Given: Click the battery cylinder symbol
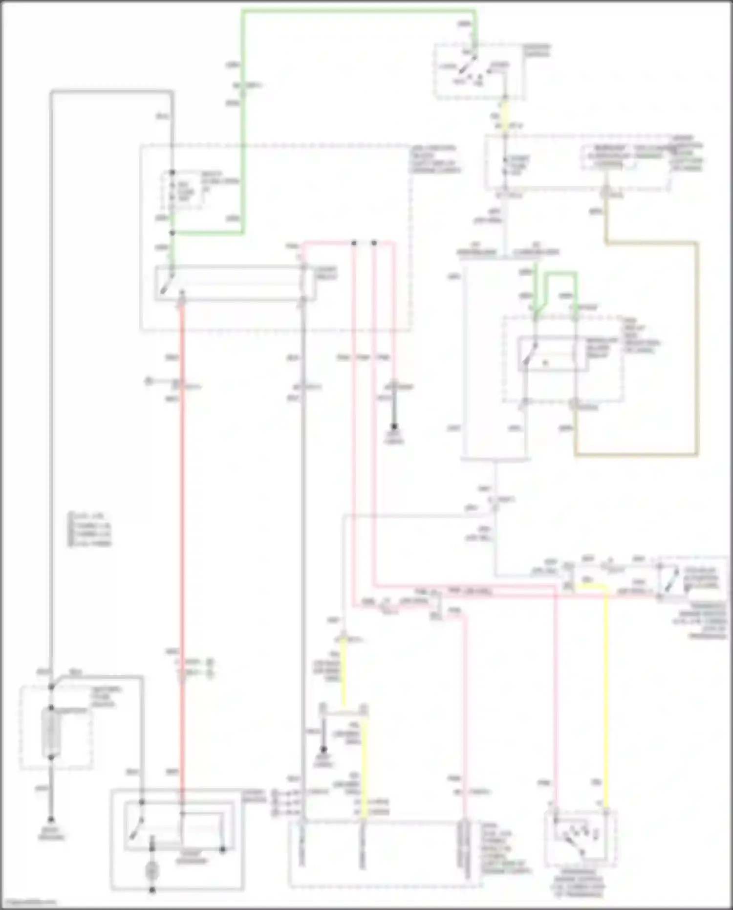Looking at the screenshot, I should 51,732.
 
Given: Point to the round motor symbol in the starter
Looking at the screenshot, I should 152,869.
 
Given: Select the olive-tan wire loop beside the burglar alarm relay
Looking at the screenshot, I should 696,352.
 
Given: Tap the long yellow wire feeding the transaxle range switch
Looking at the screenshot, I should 605,694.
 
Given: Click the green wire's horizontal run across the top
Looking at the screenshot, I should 359,11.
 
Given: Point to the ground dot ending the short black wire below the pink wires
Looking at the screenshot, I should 394,427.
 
